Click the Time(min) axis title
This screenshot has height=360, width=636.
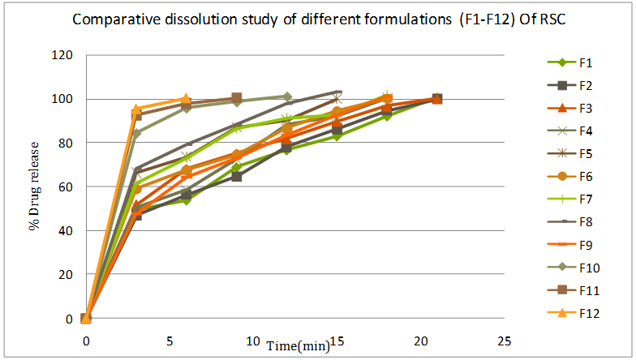[x=299, y=346]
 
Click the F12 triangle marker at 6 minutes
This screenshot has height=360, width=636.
[x=186, y=99]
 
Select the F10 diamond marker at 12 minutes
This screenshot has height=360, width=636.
[x=286, y=97]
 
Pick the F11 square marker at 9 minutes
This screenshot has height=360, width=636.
[x=236, y=98]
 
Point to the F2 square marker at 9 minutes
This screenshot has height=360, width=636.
[x=236, y=176]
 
